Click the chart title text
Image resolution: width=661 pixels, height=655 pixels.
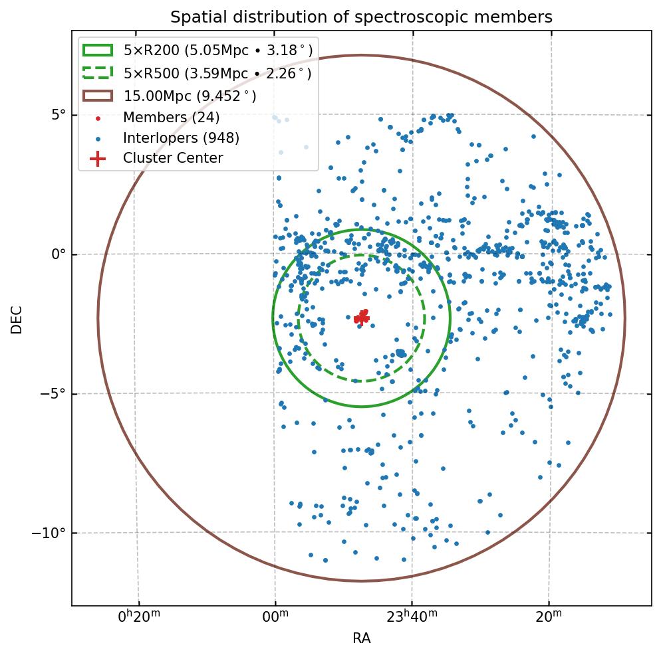(x=361, y=17)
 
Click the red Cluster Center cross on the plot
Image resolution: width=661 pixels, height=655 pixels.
(x=361, y=318)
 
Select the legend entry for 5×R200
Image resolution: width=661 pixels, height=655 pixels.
(x=217, y=50)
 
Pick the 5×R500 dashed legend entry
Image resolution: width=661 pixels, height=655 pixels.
(x=217, y=73)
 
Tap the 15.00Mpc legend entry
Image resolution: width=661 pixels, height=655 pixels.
(x=190, y=96)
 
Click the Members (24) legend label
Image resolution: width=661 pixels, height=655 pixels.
(x=171, y=118)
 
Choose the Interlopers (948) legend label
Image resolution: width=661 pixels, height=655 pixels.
(x=181, y=138)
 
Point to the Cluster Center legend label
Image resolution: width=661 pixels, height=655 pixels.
(x=173, y=158)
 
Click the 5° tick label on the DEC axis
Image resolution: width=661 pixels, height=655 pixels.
(x=59, y=115)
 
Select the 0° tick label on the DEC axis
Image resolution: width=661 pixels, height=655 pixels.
(x=59, y=254)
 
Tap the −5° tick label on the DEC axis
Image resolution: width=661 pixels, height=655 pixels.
(x=54, y=394)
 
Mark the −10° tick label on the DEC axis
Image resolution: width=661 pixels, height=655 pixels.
(x=51, y=533)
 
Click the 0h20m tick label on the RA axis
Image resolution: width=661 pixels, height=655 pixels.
(x=139, y=617)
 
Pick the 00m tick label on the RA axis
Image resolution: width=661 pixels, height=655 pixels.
(x=275, y=617)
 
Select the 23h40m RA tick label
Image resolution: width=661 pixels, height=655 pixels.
(x=412, y=617)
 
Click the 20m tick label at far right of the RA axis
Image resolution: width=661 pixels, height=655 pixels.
(x=549, y=617)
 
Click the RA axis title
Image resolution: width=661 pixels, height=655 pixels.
(x=361, y=639)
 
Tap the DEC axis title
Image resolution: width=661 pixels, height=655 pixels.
(x=17, y=319)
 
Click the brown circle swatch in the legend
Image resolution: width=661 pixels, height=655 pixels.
(x=97, y=96)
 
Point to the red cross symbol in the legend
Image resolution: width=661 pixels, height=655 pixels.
(x=97, y=159)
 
